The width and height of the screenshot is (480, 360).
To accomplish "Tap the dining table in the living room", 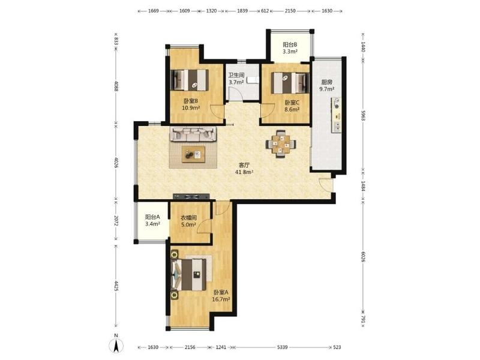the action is [x=281, y=144].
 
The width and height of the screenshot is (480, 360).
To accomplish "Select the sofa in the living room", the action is [x=193, y=134].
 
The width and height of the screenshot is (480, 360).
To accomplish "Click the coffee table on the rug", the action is [x=193, y=154].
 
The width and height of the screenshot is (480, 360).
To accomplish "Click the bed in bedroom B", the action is [x=190, y=80].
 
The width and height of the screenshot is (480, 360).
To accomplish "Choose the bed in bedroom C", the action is [x=290, y=83].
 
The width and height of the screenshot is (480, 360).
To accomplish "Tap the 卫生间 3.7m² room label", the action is [x=236, y=79].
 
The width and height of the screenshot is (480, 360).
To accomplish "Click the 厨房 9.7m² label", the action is [x=326, y=86].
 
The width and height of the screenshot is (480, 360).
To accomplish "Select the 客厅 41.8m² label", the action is [x=244, y=169].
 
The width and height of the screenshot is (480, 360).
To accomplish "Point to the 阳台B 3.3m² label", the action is [x=290, y=48].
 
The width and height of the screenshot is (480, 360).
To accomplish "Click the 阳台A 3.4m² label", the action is [x=152, y=220].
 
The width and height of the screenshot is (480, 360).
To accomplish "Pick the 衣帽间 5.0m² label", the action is [x=188, y=221].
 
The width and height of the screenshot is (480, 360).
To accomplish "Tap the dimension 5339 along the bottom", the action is [x=282, y=347].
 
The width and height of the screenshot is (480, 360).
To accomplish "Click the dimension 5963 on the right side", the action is [x=363, y=116].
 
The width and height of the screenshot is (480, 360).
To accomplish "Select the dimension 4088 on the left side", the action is [x=116, y=85].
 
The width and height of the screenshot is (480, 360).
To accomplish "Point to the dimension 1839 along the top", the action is [x=242, y=11].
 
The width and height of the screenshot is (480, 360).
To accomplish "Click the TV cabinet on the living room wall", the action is [x=191, y=197].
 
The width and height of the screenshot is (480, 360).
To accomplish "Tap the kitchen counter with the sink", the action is [x=336, y=115].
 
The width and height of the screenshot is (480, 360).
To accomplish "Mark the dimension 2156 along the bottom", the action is [x=190, y=347].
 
